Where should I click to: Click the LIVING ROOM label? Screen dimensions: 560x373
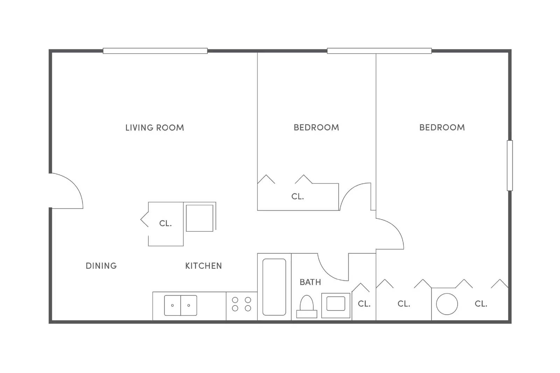pyautogui.click(x=154, y=128)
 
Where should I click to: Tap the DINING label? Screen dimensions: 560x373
pyautogui.click(x=101, y=266)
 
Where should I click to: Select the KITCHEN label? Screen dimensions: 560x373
pyautogui.click(x=203, y=266)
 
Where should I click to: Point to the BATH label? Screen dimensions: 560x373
pyautogui.click(x=310, y=282)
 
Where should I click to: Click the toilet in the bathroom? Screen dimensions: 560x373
pyautogui.click(x=307, y=307)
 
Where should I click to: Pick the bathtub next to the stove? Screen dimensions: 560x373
pyautogui.click(x=274, y=287)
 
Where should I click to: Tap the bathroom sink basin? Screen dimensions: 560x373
pyautogui.click(x=336, y=303)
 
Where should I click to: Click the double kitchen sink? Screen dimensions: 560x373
pyautogui.click(x=181, y=305)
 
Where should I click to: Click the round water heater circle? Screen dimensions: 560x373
pyautogui.click(x=447, y=304)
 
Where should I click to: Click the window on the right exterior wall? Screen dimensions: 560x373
pyautogui.click(x=510, y=165)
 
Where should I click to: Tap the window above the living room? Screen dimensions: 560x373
pyautogui.click(x=155, y=51)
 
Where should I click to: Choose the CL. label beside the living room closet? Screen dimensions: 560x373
pyautogui.click(x=166, y=223)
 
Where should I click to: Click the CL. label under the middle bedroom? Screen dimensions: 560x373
pyautogui.click(x=297, y=197)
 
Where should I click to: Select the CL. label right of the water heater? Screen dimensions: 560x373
pyautogui.click(x=481, y=304)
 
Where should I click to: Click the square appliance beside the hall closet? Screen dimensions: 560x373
pyautogui.click(x=199, y=218)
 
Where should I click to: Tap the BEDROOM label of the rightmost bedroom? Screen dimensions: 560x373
pyautogui.click(x=442, y=128)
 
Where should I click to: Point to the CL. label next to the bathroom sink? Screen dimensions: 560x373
pyautogui.click(x=364, y=304)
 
